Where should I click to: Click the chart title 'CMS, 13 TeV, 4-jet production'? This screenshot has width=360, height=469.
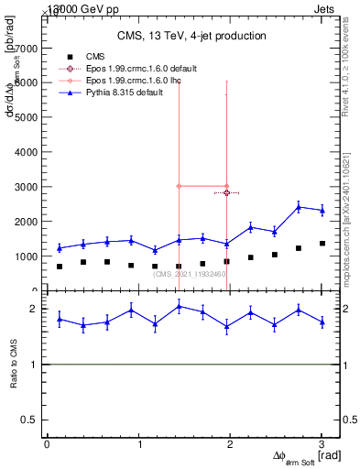pyautogui.click(x=191, y=36)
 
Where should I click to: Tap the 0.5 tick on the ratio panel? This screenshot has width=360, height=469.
pyautogui.click(x=34, y=420)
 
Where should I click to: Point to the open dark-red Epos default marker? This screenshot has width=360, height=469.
pyautogui.click(x=226, y=192)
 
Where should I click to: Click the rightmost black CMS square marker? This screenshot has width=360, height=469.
pyautogui.click(x=322, y=243)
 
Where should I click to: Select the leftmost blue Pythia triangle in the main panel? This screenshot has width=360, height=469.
pyautogui.click(x=60, y=247)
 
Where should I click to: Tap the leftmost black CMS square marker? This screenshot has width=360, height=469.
pyautogui.click(x=60, y=267)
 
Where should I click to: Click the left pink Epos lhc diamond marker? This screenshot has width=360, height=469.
pyautogui.click(x=179, y=186)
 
